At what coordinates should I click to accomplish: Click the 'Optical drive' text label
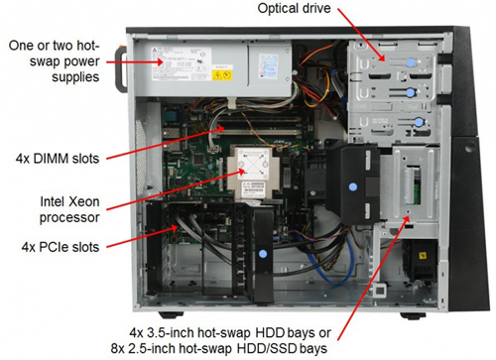294,8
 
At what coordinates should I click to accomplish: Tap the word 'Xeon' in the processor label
84,201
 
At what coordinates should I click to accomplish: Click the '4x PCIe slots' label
61,247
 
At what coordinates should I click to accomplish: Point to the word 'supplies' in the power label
75,77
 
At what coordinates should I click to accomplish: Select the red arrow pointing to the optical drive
361,35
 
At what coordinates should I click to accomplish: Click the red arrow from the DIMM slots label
166,143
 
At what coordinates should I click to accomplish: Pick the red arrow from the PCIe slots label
142,236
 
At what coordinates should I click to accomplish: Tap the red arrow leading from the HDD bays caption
374,278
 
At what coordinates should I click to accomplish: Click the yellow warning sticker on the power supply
222,75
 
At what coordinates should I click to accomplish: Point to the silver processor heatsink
253,173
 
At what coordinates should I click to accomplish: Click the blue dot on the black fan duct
353,187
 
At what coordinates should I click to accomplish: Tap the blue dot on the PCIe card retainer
263,254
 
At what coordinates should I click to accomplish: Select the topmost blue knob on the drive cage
411,62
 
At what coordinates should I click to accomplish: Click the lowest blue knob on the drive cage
419,123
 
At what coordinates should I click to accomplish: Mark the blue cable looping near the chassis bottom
332,265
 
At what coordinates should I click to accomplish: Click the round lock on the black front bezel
469,148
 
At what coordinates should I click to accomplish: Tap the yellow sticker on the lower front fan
423,256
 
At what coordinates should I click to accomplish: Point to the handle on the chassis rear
120,70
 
